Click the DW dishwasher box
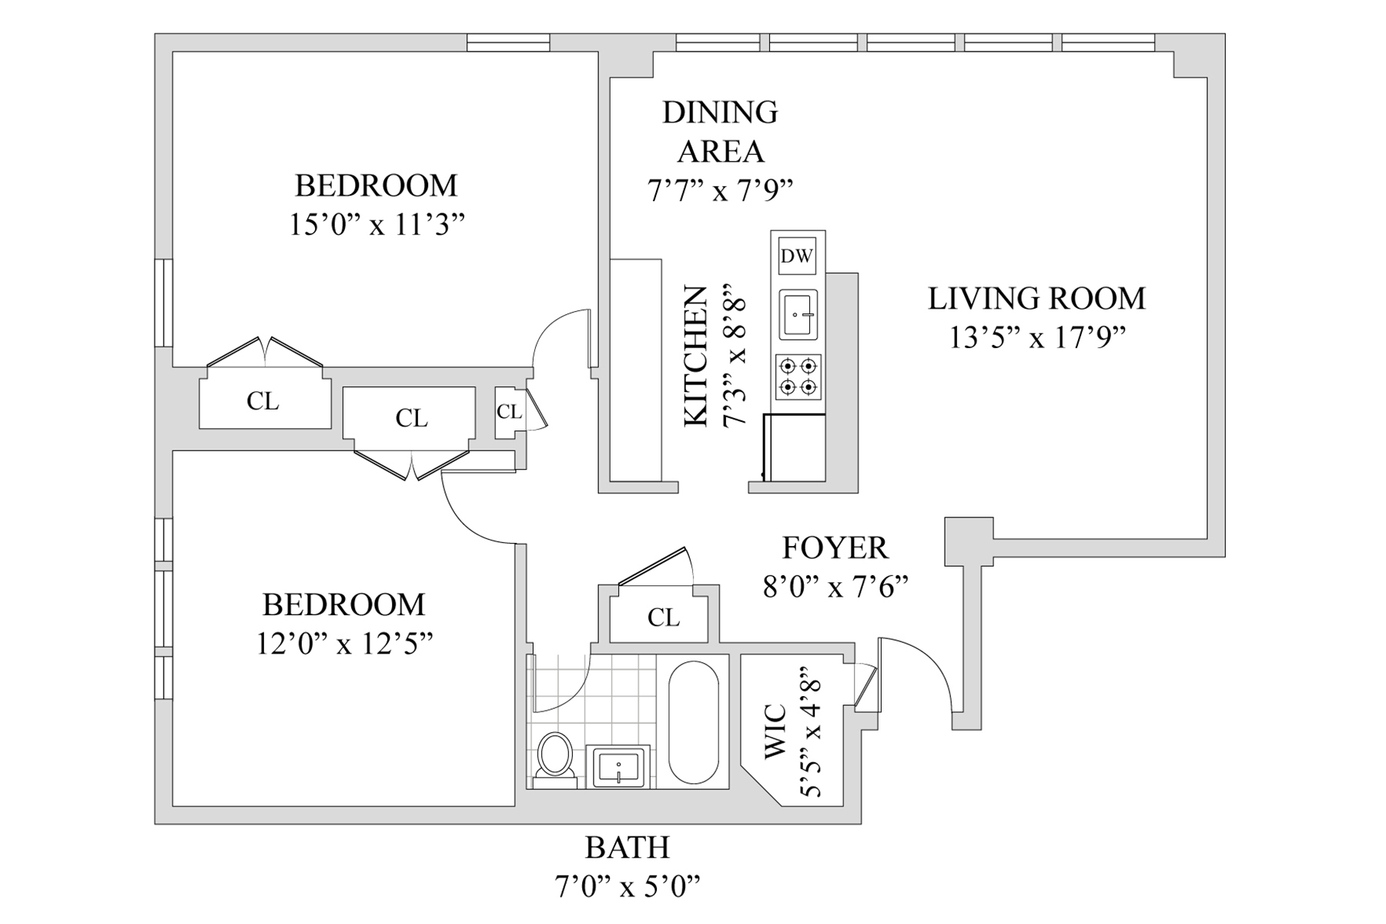click(x=797, y=256)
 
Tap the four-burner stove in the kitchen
click(x=798, y=377)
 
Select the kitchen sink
click(x=798, y=314)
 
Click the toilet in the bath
click(x=554, y=760)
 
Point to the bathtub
click(x=693, y=722)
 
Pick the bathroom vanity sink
click(x=618, y=766)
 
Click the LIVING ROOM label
click(x=1036, y=299)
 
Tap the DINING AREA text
click(x=720, y=132)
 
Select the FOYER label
click(x=835, y=548)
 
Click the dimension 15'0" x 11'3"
click(x=377, y=225)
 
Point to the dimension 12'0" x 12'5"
click(x=344, y=644)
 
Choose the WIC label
click(x=775, y=731)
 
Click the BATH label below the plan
click(x=628, y=848)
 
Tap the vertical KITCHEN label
click(x=696, y=356)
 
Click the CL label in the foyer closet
click(x=664, y=618)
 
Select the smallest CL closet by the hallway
click(x=508, y=412)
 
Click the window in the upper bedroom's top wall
click(x=508, y=42)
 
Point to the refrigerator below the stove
click(x=793, y=447)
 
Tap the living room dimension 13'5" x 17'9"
click(x=1037, y=337)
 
